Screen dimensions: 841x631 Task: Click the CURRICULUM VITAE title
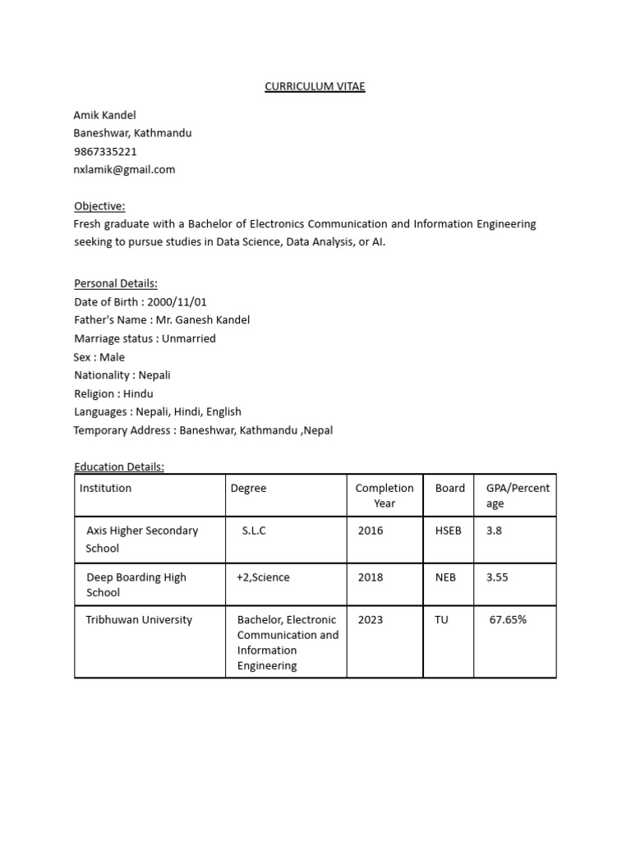coord(315,86)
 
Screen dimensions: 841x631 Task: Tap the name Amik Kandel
coord(104,114)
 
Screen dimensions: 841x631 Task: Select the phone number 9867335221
coord(105,151)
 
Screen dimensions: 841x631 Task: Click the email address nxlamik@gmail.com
coord(124,169)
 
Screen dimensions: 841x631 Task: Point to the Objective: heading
coord(99,205)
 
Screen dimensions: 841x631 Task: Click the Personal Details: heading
coord(115,283)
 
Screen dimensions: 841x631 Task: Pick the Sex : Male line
coord(99,357)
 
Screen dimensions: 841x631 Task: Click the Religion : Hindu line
coord(113,393)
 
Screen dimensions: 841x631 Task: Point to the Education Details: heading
coord(119,466)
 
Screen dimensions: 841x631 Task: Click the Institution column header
coord(105,488)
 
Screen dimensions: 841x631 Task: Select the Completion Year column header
coord(385,495)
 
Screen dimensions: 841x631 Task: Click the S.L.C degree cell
coord(254,531)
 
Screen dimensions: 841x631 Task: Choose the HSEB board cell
coord(449,531)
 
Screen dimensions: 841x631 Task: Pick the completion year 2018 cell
coord(371,577)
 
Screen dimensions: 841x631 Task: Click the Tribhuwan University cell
coord(139,619)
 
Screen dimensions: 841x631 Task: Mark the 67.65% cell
coord(508,619)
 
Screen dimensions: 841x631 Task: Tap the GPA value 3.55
coord(497,577)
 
